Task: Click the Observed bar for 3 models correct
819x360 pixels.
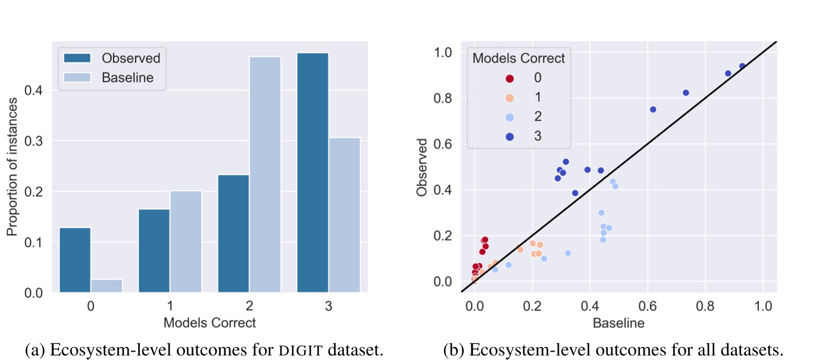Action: [x=312, y=173]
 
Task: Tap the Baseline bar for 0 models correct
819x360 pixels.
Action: [x=107, y=286]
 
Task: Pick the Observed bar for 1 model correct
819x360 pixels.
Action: [x=154, y=251]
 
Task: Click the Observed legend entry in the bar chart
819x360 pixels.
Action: [x=130, y=58]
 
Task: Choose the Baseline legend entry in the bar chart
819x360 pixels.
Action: [x=127, y=77]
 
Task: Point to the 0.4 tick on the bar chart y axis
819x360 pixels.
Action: [x=35, y=90]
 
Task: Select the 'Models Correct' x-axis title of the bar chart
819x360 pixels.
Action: [x=210, y=323]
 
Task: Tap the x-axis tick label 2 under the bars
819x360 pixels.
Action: [x=249, y=307]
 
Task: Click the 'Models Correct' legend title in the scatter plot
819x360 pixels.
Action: [x=518, y=58]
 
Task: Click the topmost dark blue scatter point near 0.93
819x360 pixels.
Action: [x=742, y=66]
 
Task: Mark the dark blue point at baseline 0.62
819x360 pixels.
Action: [x=653, y=109]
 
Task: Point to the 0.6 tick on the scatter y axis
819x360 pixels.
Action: [x=443, y=144]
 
